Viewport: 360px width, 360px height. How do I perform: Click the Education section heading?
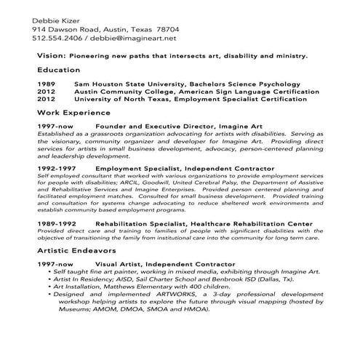(x=58, y=71)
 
